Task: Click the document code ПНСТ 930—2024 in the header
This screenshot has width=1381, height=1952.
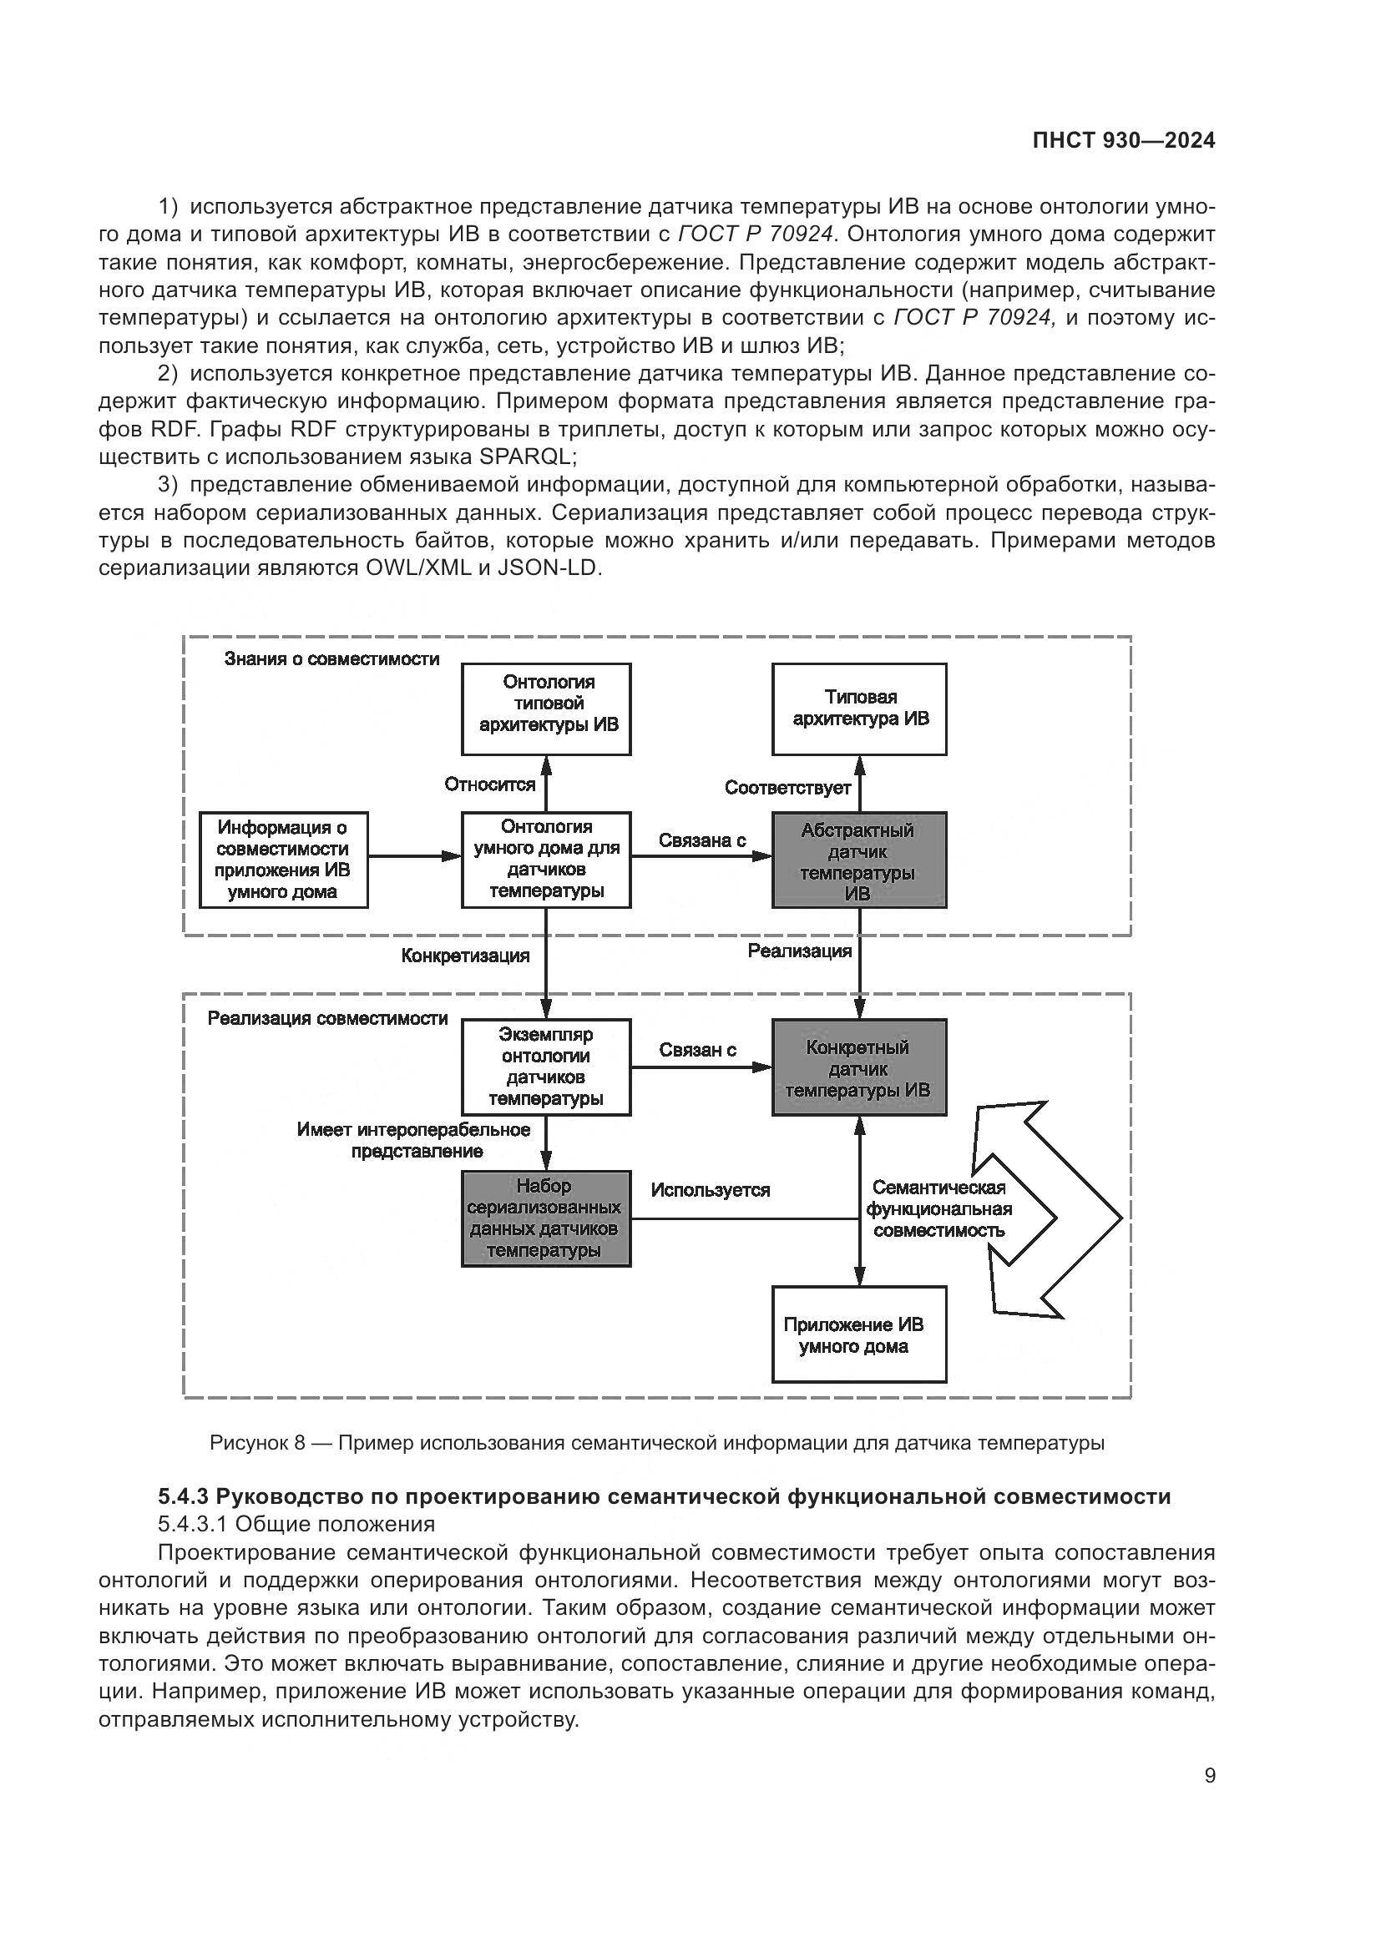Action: click(1123, 141)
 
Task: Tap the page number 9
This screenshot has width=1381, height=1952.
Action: click(1210, 1775)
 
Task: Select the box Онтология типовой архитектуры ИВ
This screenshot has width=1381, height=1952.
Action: click(546, 709)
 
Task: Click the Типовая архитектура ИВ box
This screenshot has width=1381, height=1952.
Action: click(859, 709)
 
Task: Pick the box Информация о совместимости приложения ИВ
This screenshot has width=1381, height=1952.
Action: click(283, 860)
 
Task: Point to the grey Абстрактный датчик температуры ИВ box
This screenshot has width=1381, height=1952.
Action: click(859, 860)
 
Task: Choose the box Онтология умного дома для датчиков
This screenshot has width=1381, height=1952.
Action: click(546, 860)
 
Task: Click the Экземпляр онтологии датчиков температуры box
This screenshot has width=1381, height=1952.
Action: click(546, 1067)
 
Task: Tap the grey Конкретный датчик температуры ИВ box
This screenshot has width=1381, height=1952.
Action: click(859, 1067)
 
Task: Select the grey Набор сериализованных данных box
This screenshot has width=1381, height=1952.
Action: click(546, 1218)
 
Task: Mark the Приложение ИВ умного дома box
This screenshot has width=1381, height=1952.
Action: click(859, 1334)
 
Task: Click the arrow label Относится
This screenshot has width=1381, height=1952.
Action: click(490, 784)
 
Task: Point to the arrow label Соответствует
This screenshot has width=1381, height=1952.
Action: click(787, 788)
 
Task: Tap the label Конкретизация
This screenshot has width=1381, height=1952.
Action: click(465, 956)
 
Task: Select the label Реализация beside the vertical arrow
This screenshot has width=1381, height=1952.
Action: click(799, 951)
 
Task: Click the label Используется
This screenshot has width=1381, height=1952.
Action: click(710, 1190)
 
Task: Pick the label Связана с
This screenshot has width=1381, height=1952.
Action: click(702, 840)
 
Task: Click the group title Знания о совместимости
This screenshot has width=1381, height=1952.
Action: click(331, 659)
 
